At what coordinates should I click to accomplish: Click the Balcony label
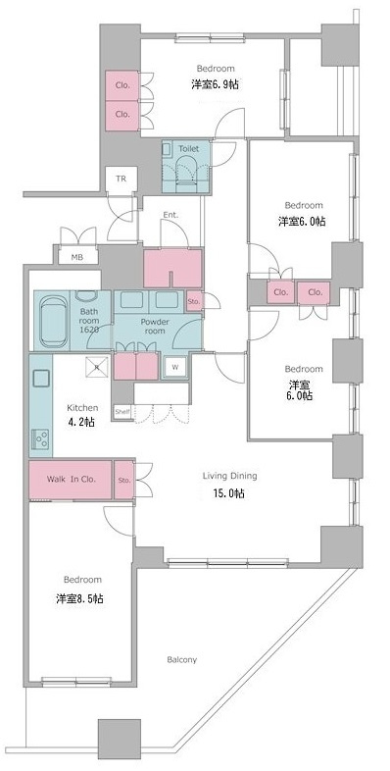[181, 660]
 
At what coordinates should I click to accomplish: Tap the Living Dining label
[230, 476]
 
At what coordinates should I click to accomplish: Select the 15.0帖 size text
[230, 493]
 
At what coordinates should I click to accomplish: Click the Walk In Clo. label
[72, 479]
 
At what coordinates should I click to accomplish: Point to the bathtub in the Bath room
[52, 320]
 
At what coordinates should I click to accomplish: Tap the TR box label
[121, 179]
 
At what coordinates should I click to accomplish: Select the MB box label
[76, 256]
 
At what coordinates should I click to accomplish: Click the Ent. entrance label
[171, 215]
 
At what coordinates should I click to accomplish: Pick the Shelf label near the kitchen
[122, 412]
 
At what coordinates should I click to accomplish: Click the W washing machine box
[175, 367]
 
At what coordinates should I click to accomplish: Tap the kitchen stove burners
[41, 438]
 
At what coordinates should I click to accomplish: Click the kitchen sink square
[41, 379]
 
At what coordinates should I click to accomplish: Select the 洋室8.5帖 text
[79, 599]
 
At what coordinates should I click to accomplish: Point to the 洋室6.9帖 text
[216, 84]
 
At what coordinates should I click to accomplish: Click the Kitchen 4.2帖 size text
[82, 422]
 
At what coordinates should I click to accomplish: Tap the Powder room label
[155, 326]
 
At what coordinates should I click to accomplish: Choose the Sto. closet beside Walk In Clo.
[124, 480]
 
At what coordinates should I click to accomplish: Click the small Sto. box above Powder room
[193, 301]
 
